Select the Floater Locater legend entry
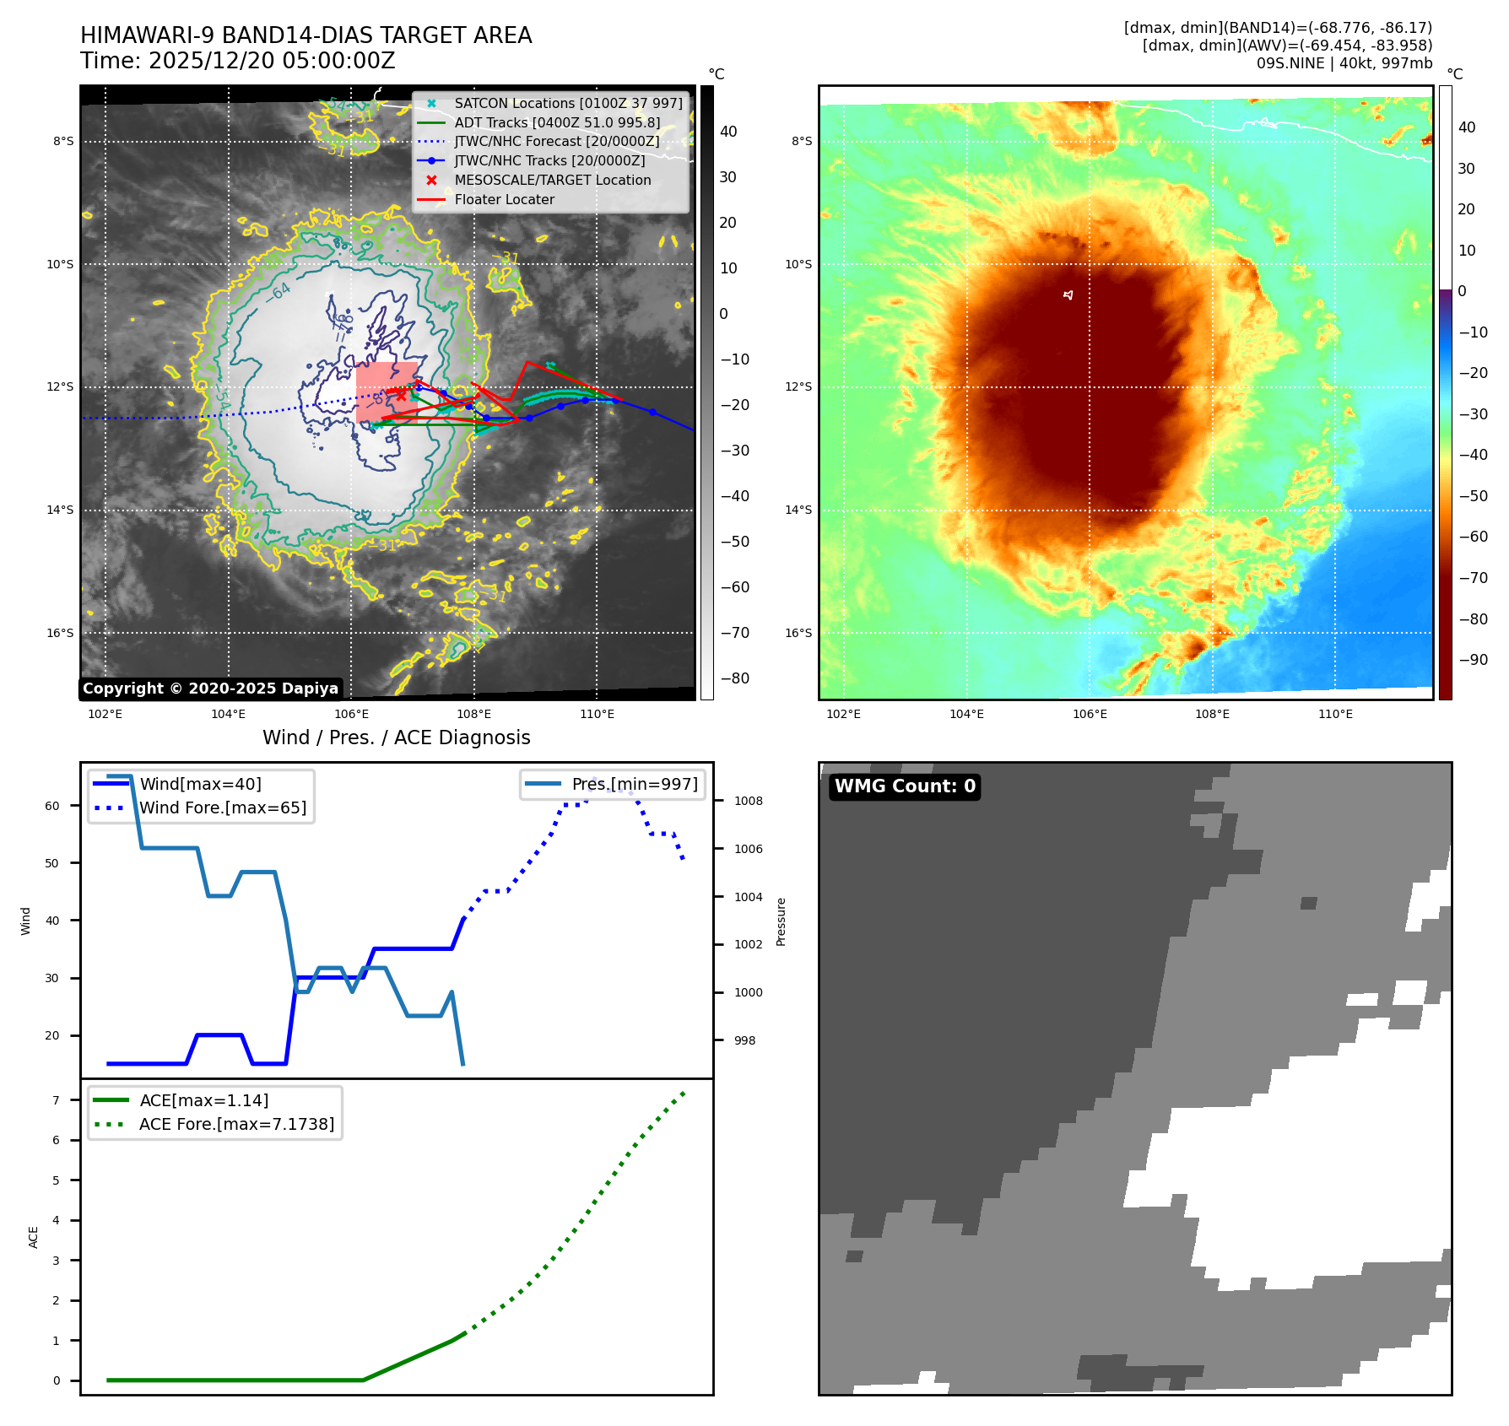pyautogui.click(x=504, y=199)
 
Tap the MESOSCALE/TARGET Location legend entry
pyautogui.click(x=552, y=180)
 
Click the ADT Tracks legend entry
pyautogui.click(x=557, y=122)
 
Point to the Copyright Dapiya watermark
pyautogui.click(x=210, y=689)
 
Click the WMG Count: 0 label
pyautogui.click(x=905, y=786)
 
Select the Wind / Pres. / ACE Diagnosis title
pyautogui.click(x=396, y=737)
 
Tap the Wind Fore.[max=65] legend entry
pyautogui.click(x=223, y=808)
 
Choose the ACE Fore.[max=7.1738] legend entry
pyautogui.click(x=236, y=1124)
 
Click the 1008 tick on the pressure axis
pyautogui.click(x=748, y=801)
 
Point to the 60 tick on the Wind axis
pyautogui.click(x=52, y=806)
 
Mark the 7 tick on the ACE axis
pyautogui.click(x=57, y=1100)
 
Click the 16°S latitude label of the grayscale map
pyautogui.click(x=60, y=633)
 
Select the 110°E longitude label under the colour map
pyautogui.click(x=1335, y=714)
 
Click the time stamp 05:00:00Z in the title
pyautogui.click(x=336, y=61)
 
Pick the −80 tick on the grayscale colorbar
pyautogui.click(x=734, y=678)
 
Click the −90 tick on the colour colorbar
pyautogui.click(x=1473, y=660)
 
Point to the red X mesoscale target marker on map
pyautogui.click(x=401, y=394)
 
